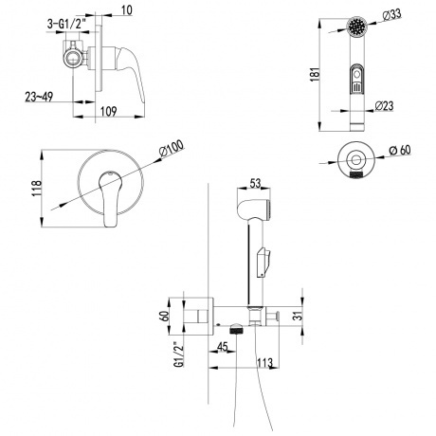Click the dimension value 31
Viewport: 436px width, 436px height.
coord(297,316)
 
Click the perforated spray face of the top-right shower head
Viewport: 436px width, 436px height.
coord(355,26)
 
